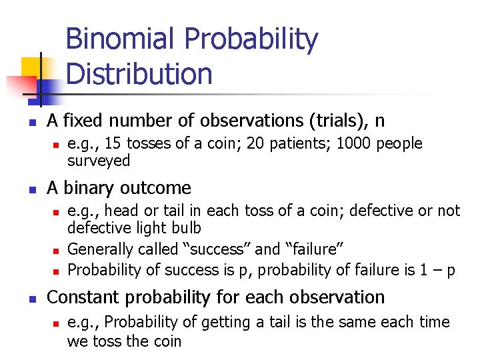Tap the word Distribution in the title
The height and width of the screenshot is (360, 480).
coord(139,73)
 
